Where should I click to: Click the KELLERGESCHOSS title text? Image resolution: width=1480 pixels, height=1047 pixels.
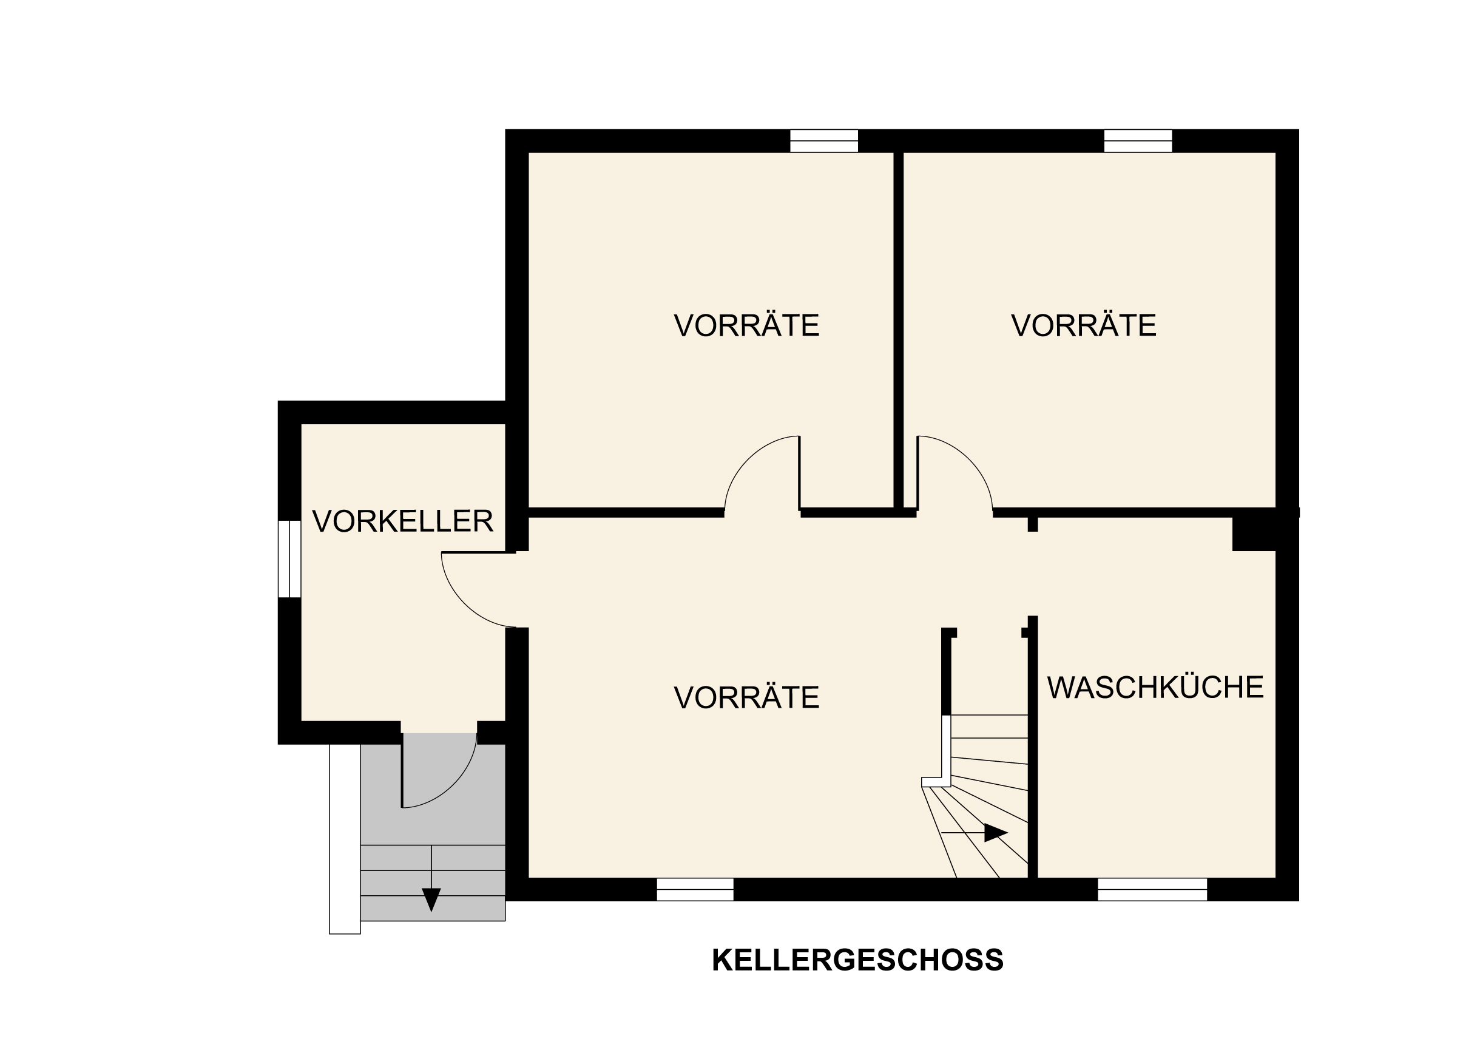pos(857,960)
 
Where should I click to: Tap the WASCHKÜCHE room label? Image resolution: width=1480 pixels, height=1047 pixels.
pos(1155,687)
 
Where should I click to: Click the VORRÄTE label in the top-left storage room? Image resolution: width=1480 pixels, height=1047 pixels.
pos(746,325)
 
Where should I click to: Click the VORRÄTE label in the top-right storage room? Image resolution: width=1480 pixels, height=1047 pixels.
pos(1084,325)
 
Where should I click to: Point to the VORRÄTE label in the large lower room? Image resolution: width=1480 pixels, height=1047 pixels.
pos(746,697)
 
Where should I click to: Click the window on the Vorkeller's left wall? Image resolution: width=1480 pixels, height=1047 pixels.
pos(289,559)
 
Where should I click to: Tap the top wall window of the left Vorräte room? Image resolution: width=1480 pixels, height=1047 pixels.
pos(824,141)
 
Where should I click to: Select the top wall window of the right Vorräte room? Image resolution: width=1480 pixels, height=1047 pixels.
pos(1138,141)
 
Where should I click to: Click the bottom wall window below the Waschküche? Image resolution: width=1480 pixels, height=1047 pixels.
pos(1152,889)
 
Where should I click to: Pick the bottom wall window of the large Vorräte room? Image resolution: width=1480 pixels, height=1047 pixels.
pos(695,889)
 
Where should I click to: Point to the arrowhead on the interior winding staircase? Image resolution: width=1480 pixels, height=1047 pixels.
pos(995,833)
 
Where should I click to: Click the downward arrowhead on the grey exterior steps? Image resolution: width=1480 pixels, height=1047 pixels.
pos(431,899)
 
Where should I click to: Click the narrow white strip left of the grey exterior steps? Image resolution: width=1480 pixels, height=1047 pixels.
pos(345,838)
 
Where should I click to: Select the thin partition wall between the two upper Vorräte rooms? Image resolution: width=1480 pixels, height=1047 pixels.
pos(899,329)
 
